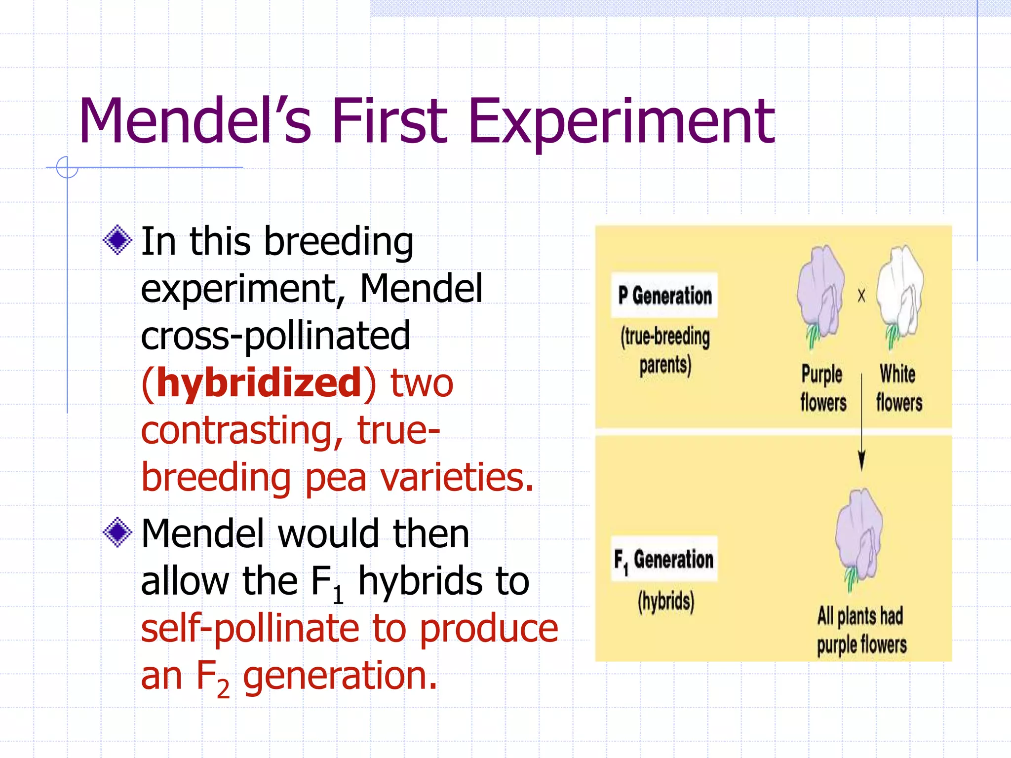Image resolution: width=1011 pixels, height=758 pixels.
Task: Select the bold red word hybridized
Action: [x=259, y=383]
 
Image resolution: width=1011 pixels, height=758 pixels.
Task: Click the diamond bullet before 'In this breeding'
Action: [x=117, y=240]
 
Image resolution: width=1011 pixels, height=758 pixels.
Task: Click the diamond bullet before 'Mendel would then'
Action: [x=117, y=532]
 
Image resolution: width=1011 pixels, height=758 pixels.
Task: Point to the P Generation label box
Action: [x=664, y=295]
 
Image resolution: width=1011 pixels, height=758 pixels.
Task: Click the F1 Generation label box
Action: [x=664, y=559]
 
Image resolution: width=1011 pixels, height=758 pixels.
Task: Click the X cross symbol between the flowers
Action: [x=861, y=296]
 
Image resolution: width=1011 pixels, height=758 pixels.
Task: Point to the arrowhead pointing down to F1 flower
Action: [x=861, y=461]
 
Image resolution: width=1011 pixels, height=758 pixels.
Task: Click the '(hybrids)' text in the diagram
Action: [x=665, y=602]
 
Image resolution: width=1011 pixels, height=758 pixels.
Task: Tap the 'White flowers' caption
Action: [x=898, y=388]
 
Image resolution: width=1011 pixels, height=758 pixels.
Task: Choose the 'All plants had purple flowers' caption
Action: [x=861, y=631]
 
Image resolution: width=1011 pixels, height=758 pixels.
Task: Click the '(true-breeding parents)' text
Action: [x=665, y=351]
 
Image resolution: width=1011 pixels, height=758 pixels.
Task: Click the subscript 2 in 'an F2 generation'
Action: [x=223, y=688]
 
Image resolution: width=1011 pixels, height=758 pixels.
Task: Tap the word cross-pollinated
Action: [x=275, y=336]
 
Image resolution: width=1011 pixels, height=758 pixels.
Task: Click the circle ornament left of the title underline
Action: [x=67, y=167]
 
